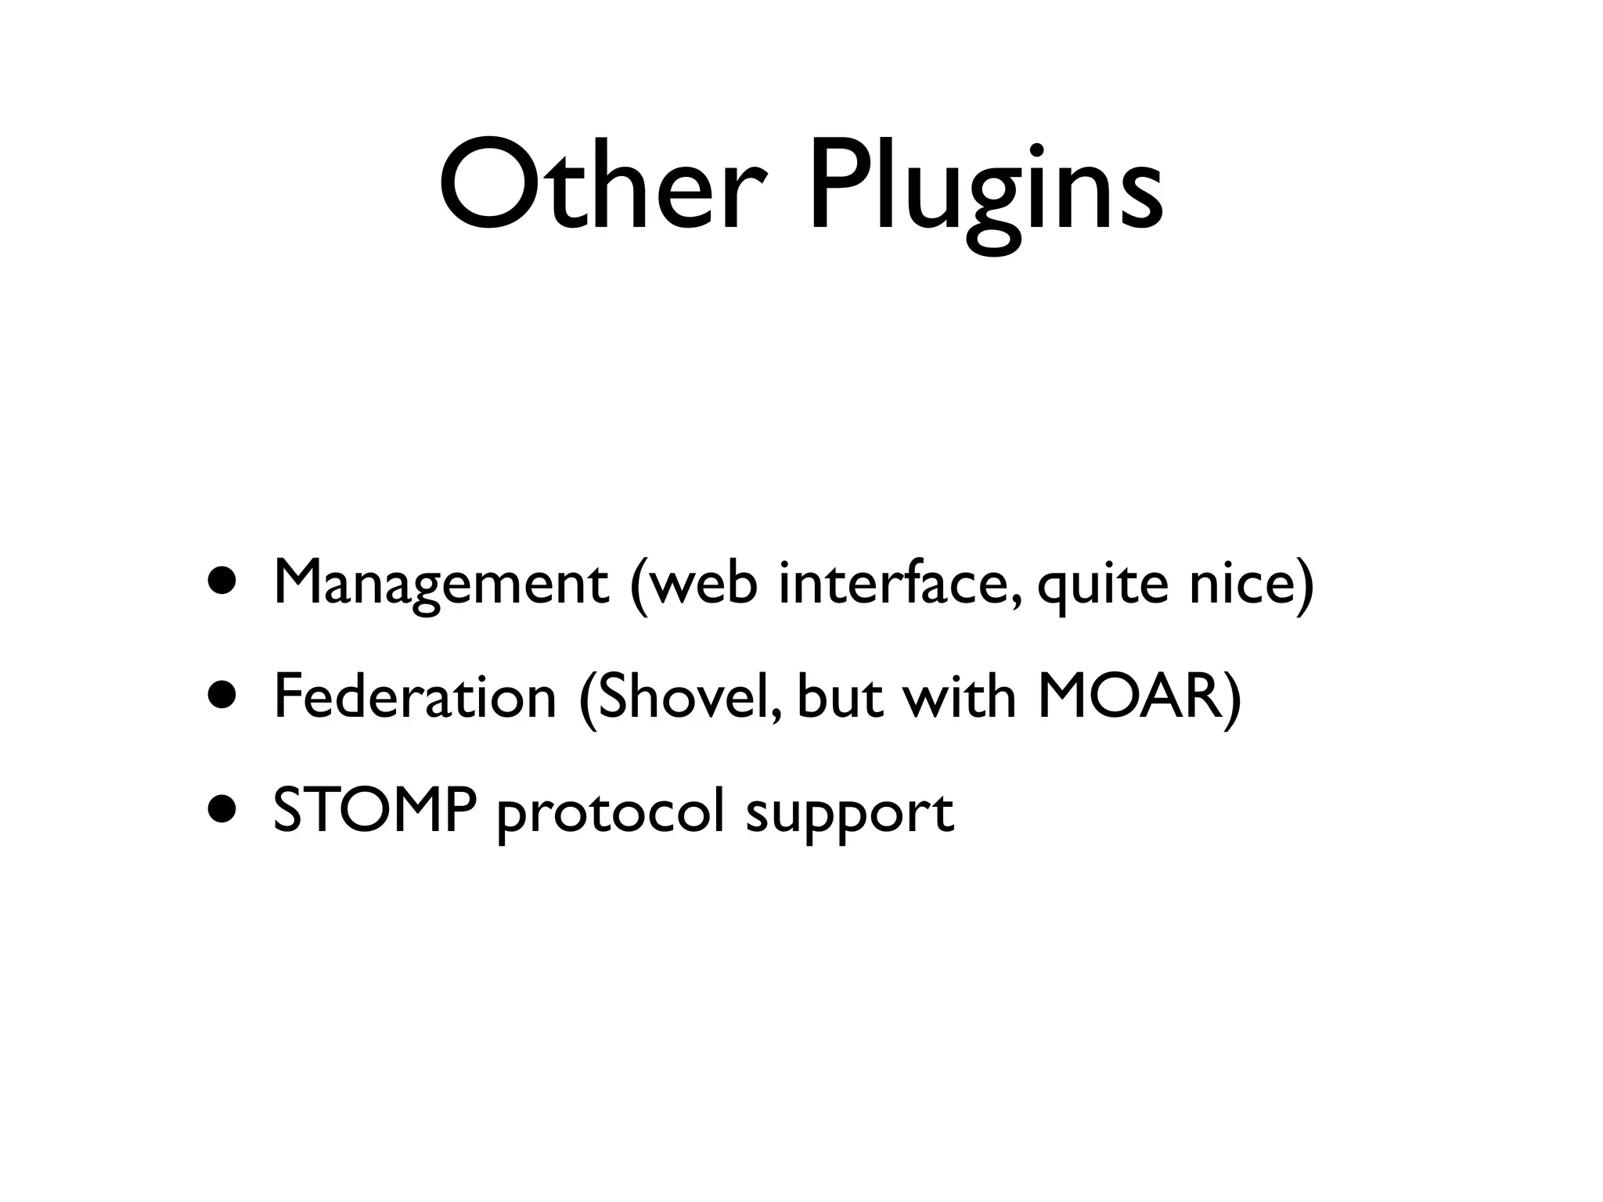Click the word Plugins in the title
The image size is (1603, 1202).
point(985,192)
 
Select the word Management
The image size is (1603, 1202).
point(441,585)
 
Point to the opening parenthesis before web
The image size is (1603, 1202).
point(639,585)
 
